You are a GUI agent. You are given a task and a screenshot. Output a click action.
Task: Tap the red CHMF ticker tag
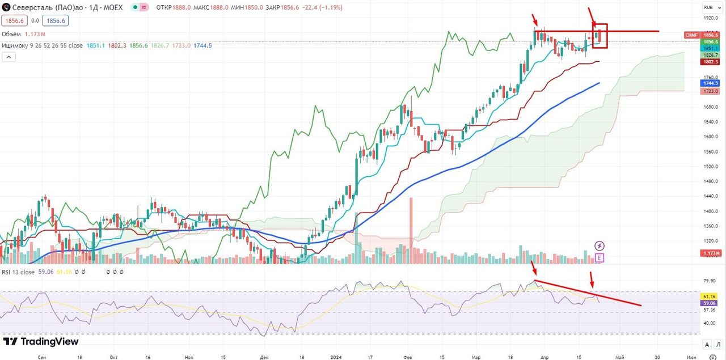pyautogui.click(x=691, y=35)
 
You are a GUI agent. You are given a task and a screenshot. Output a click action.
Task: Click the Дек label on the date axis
pyautogui.click(x=264, y=358)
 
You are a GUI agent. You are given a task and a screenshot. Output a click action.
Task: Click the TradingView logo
pyautogui.click(x=41, y=341)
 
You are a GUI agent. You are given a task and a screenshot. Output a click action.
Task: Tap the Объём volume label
pyautogui.click(x=12, y=34)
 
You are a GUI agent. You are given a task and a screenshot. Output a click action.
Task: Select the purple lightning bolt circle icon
pyautogui.click(x=600, y=245)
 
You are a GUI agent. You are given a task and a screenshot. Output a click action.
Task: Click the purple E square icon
pyautogui.click(x=600, y=258)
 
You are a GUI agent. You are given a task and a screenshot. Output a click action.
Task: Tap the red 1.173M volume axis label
pyautogui.click(x=710, y=253)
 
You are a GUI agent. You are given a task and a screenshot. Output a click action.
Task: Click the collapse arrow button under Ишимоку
pyautogui.click(x=9, y=57)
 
